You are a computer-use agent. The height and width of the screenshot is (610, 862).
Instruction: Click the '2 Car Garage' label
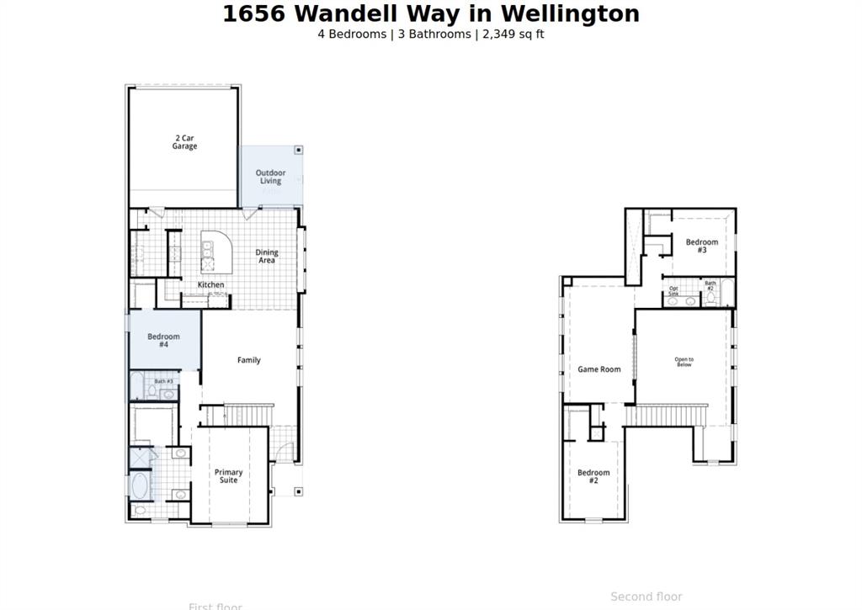tap(185, 142)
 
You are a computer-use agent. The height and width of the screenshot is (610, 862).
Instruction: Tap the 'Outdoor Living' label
tap(270, 177)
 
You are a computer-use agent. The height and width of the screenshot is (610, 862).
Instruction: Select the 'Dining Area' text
tap(267, 257)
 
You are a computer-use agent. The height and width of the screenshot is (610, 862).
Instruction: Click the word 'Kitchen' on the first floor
tap(210, 285)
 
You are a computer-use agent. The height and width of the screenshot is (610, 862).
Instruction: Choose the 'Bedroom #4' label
tap(163, 341)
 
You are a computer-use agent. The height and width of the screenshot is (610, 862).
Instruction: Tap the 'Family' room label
tap(248, 360)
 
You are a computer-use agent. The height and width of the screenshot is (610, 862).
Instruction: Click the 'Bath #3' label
tap(163, 381)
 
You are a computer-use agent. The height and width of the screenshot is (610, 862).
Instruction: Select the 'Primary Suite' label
tap(228, 476)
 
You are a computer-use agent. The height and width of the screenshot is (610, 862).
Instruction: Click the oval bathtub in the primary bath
tap(140, 485)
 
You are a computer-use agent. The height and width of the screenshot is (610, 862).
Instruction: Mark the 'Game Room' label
tap(599, 369)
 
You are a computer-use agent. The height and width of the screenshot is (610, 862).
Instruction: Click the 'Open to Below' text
tap(684, 363)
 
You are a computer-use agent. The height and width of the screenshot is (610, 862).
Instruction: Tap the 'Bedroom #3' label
tap(701, 247)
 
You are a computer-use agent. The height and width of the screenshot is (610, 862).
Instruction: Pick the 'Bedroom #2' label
tap(593, 476)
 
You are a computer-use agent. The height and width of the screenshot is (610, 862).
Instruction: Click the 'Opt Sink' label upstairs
tap(673, 290)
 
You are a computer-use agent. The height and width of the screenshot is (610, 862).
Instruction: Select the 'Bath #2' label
tap(710, 286)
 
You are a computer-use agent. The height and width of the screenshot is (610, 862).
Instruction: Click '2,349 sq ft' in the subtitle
tap(513, 34)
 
